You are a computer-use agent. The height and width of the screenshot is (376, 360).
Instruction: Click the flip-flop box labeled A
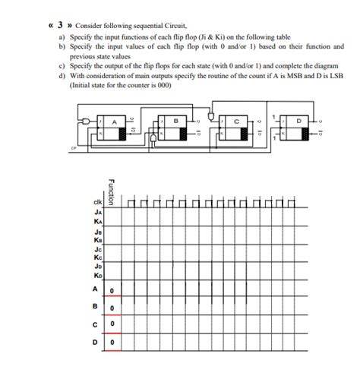click(x=114, y=125)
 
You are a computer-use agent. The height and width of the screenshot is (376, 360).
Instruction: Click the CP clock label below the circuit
click(x=74, y=148)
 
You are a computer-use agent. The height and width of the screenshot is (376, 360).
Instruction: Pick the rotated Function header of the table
click(x=111, y=191)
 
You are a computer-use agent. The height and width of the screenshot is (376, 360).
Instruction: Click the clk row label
click(x=97, y=203)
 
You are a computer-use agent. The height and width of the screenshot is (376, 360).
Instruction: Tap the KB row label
click(x=98, y=239)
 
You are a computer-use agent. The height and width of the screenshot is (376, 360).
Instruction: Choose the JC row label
click(x=98, y=249)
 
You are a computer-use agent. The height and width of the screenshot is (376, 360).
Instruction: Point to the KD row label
click(x=98, y=276)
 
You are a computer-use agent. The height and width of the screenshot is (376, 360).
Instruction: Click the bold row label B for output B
click(x=96, y=308)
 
